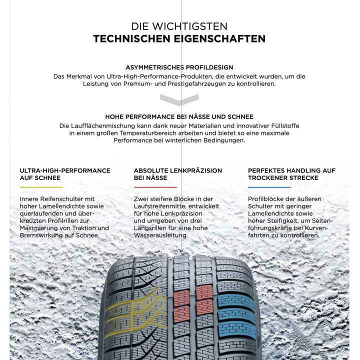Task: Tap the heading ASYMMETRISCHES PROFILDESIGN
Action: coord(179,67)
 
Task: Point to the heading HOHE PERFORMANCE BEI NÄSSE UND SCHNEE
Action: coord(179,116)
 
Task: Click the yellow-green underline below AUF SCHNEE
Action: coord(41,187)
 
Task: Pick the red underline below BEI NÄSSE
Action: coord(155,187)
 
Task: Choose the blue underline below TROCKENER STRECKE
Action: coord(269,187)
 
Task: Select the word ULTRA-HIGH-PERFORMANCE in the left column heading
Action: coord(65,170)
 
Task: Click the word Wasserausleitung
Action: coord(160,235)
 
